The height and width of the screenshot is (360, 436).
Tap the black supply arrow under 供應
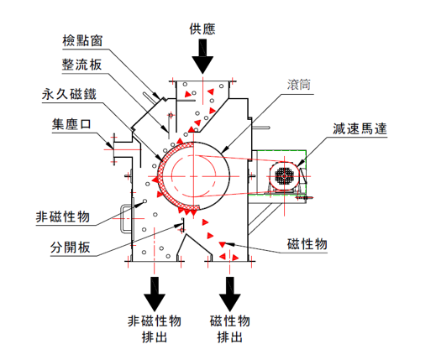click(202, 59)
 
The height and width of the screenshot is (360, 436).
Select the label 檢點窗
click(81, 40)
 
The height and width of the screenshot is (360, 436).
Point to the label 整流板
click(81, 65)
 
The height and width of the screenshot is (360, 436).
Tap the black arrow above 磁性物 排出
click(229, 294)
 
